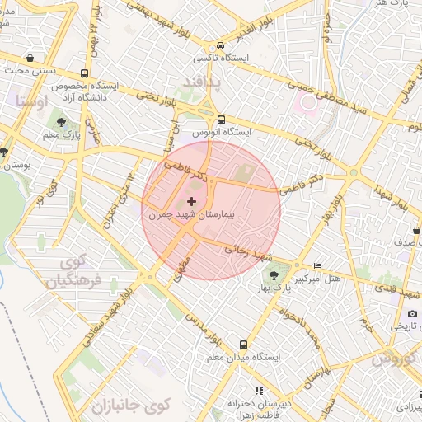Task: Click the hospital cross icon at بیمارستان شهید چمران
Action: point(192,201)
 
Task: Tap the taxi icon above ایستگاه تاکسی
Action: point(220,46)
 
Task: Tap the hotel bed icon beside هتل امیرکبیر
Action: point(318,265)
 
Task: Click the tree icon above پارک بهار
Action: point(294,266)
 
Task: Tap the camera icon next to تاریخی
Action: point(412,313)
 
